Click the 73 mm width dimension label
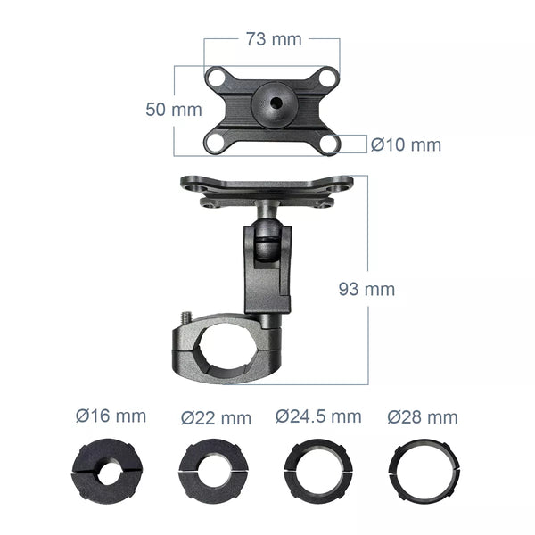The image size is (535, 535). tap(273, 38)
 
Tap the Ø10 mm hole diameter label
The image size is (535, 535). tap(406, 144)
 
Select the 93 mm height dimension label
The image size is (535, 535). tap(366, 289)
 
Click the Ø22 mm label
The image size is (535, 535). tap(216, 417)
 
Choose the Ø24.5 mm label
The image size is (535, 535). tap(318, 416)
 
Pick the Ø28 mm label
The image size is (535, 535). tap(422, 417)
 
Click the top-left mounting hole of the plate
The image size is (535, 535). tap(217, 78)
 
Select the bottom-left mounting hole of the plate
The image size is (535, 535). tap(217, 141)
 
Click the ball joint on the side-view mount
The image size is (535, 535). tap(264, 243)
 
